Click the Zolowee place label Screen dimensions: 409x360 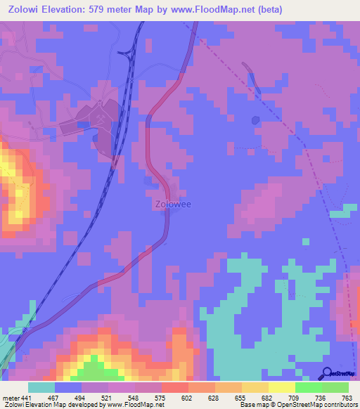(168, 204)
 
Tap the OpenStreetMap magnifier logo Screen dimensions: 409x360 (327, 373)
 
